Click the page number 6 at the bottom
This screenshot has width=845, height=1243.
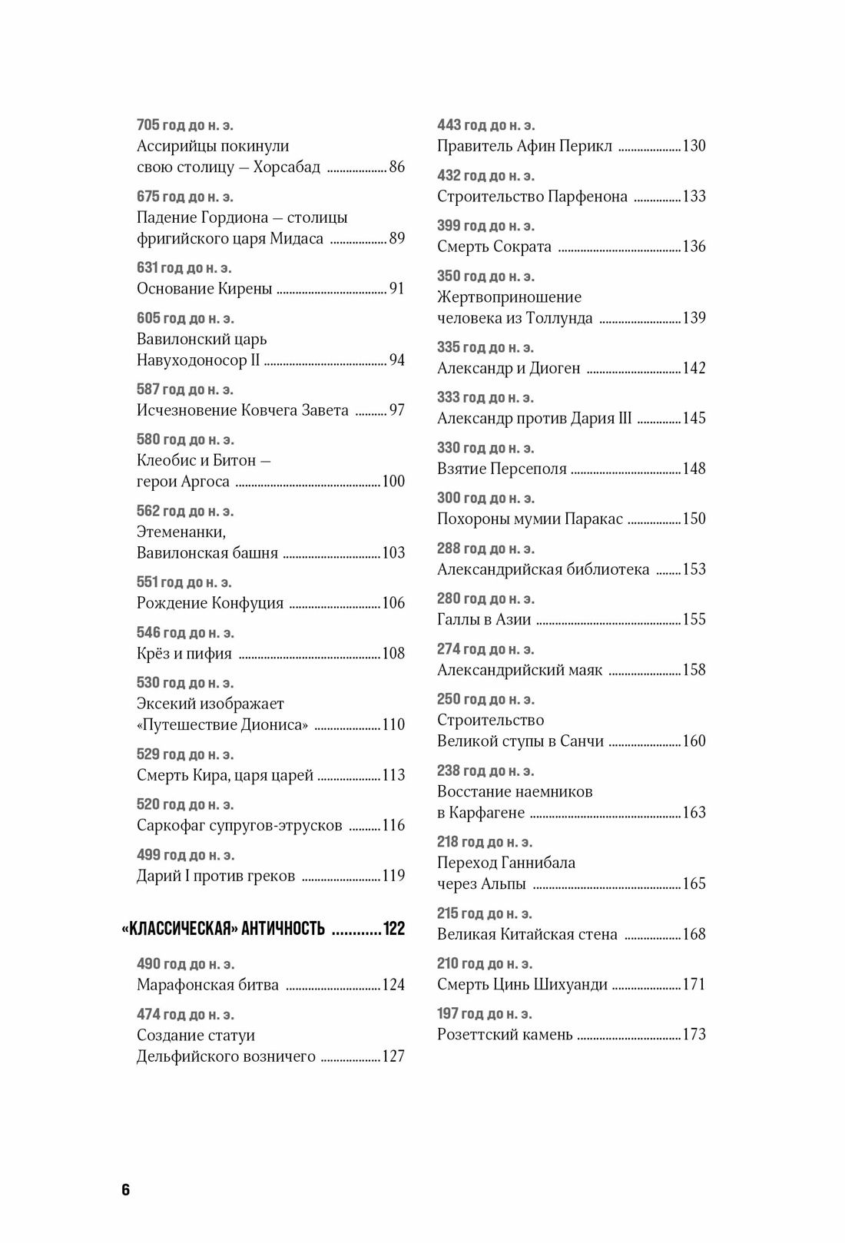tap(126, 1190)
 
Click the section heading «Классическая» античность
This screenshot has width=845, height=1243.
tap(224, 929)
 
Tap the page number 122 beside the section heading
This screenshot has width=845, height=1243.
tap(394, 929)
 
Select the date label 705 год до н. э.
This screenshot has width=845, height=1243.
tap(184, 125)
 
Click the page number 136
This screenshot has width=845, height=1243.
tap(694, 247)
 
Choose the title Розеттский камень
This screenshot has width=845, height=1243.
tap(505, 1035)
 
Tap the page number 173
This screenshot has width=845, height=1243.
tap(694, 1035)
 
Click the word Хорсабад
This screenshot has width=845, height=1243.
tap(287, 167)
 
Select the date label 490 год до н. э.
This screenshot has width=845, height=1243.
tap(185, 964)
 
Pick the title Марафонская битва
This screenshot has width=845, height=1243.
tap(207, 985)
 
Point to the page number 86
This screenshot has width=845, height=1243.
tap(397, 167)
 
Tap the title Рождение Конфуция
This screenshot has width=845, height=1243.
tap(210, 604)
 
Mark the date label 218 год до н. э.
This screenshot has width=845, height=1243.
tap(485, 842)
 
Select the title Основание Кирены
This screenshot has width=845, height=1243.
tap(204, 289)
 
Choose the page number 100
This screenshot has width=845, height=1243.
tap(393, 482)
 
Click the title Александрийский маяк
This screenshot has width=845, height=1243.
tap(519, 670)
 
